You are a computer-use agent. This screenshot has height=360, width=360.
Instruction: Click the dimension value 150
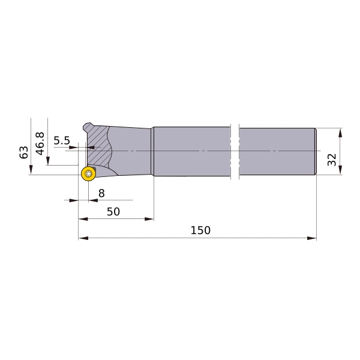[x=200, y=230]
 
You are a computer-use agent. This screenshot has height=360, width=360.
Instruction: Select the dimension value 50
[x=113, y=212]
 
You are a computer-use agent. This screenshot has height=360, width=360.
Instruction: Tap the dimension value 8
[x=101, y=193]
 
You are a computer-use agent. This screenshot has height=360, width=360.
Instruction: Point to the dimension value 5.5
[x=62, y=140]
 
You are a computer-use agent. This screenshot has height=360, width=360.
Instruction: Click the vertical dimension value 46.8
[x=40, y=143]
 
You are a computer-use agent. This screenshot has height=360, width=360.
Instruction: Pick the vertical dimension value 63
[x=23, y=152]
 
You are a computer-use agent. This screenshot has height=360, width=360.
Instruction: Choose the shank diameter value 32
[x=332, y=160]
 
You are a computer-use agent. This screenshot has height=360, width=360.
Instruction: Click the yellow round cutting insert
[x=88, y=173]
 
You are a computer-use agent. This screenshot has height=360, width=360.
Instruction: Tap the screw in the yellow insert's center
[x=88, y=174]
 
